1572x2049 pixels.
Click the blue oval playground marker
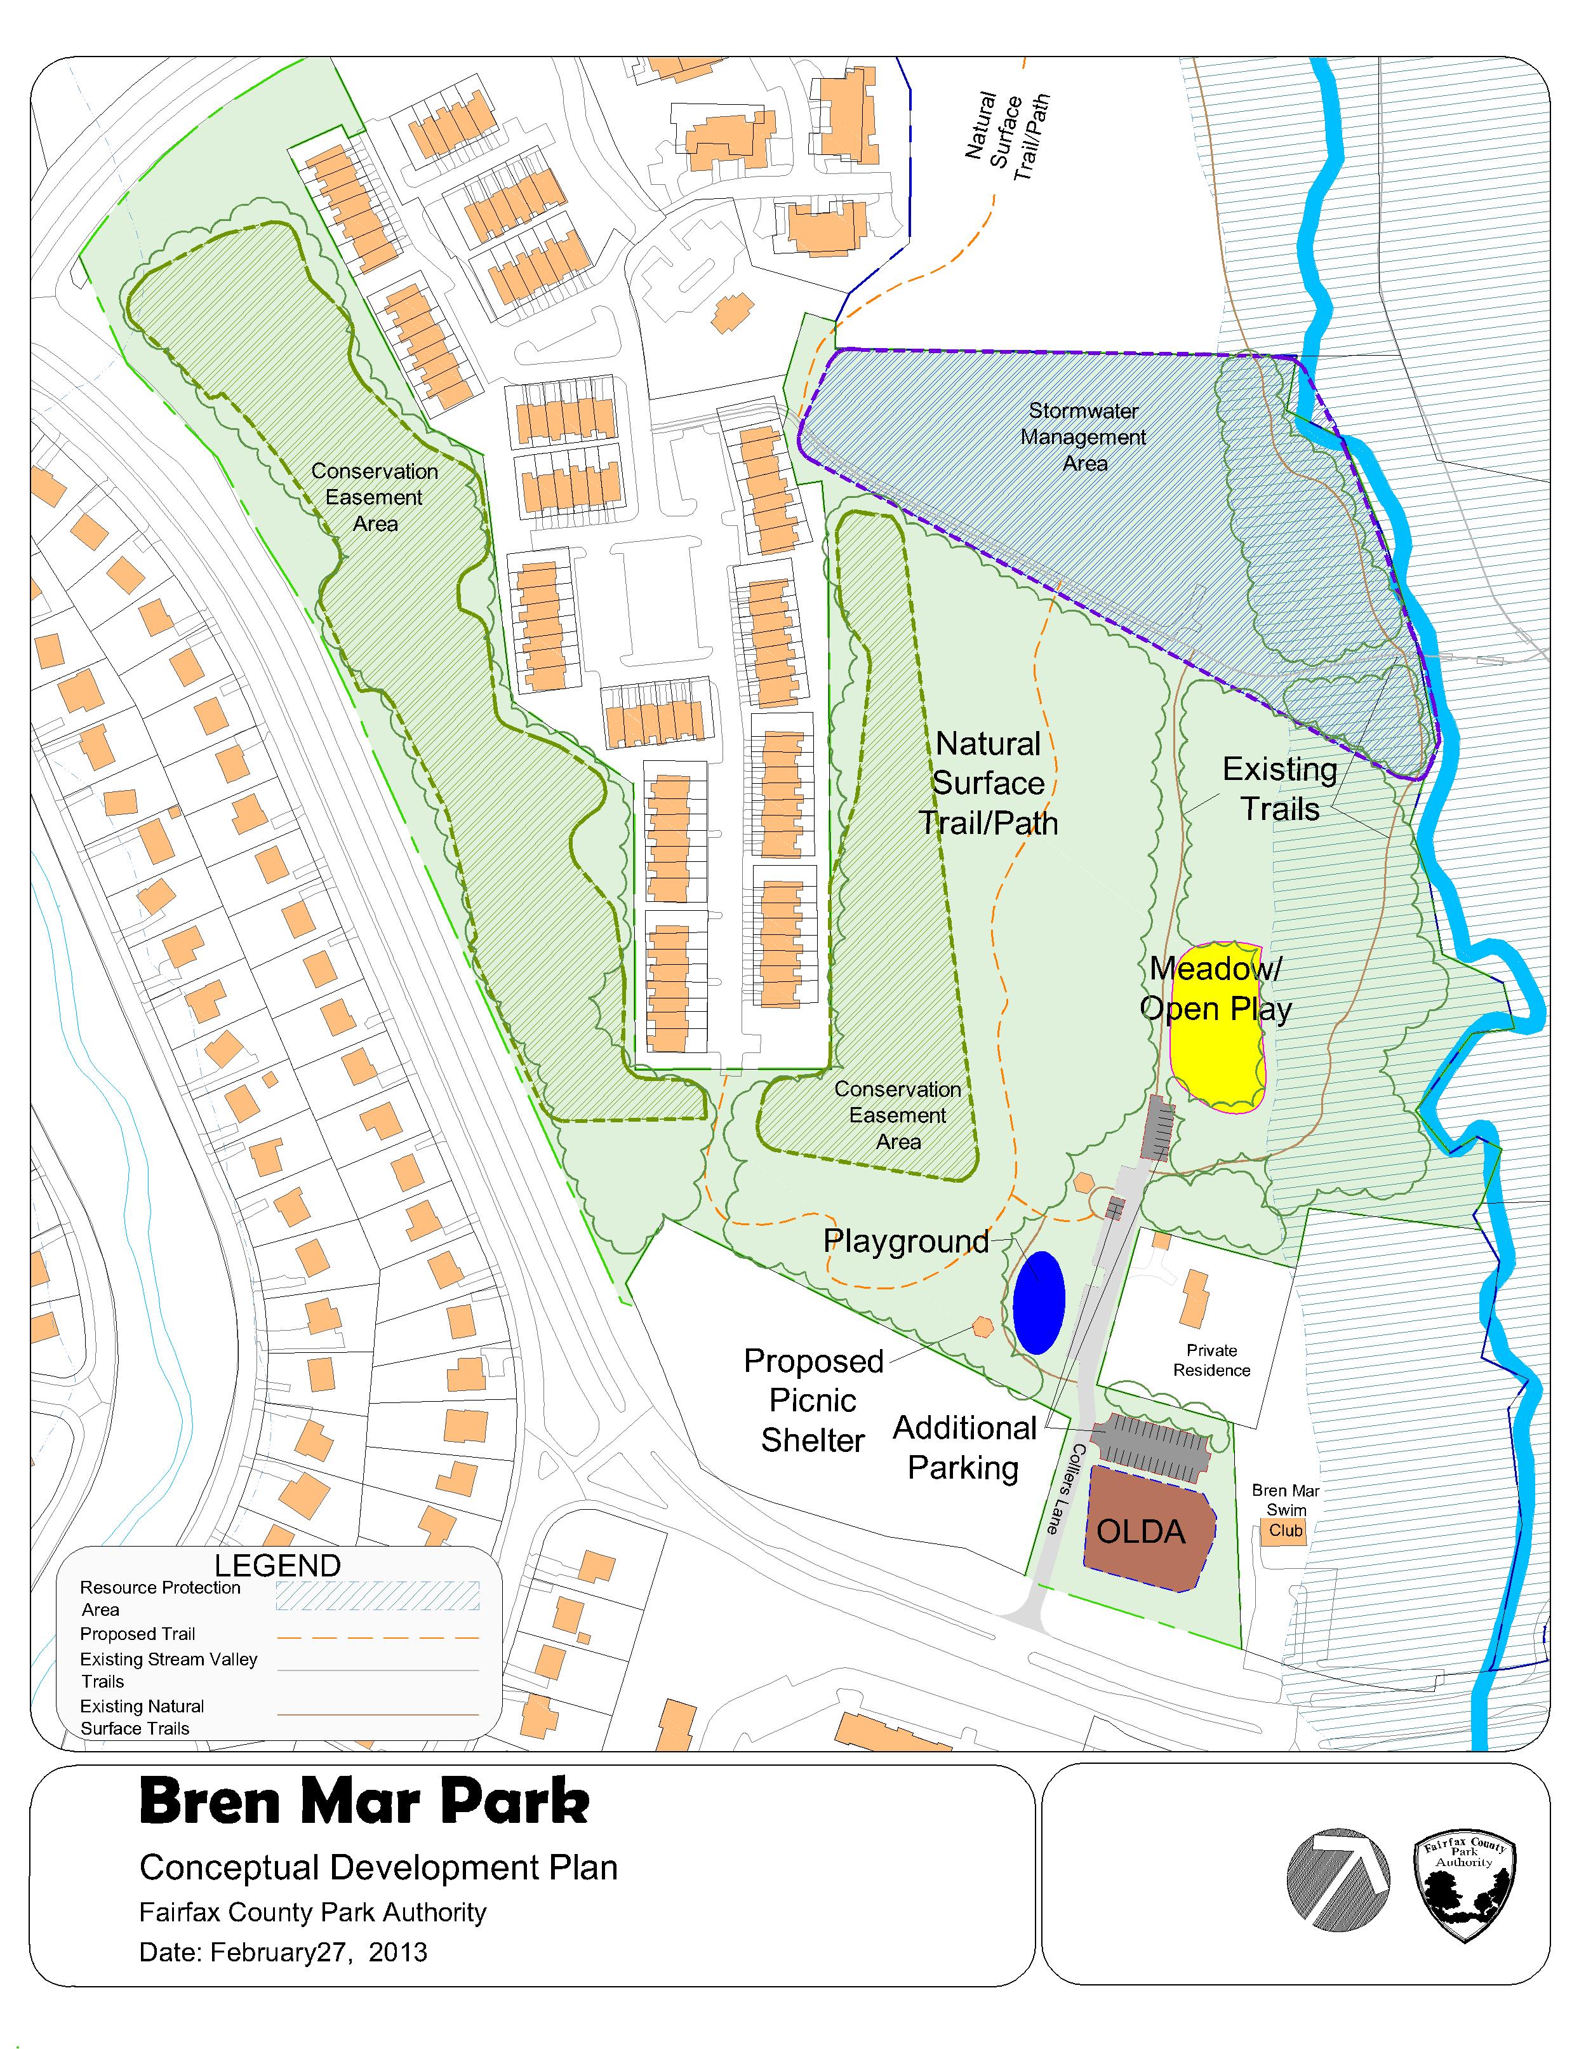1039,1302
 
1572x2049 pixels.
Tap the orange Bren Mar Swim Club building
1286,1531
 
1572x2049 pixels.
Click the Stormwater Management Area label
1084,437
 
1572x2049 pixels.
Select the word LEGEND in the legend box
277,1566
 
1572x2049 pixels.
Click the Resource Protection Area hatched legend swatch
377,1596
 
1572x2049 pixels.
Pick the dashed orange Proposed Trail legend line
377,1638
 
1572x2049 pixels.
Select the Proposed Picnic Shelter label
813,1401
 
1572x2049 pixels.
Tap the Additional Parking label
964,1447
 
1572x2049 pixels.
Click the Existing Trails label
1279,789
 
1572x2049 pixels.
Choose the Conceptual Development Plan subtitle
378,1867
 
